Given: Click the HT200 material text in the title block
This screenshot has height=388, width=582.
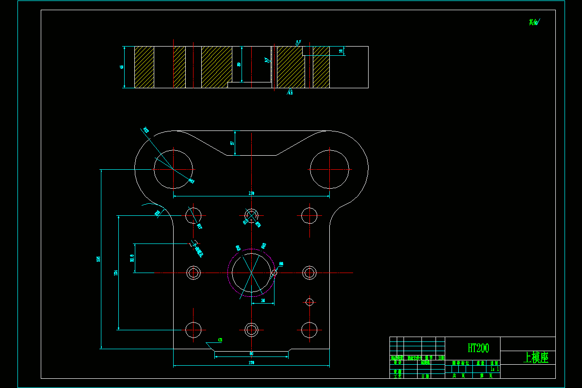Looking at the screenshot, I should click(478, 348).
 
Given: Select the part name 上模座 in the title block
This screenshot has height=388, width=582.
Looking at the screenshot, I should click(536, 358).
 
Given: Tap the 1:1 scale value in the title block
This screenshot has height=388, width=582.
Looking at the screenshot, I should click(494, 369).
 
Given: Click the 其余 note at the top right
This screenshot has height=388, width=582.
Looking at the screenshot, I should click(533, 22).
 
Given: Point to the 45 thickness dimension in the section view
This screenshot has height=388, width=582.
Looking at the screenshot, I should click(122, 67).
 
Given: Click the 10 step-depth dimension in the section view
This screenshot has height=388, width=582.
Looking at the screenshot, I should click(341, 50).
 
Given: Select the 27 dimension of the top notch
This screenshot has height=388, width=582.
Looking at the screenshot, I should click(232, 143).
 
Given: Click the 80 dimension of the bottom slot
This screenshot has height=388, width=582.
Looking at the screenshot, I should click(251, 354).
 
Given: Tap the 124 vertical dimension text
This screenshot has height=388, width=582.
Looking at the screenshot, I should click(115, 273).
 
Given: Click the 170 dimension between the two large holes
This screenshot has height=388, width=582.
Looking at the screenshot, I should click(251, 194).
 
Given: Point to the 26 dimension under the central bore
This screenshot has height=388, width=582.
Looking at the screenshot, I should click(263, 301).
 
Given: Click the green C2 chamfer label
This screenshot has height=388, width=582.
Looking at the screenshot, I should click(220, 340).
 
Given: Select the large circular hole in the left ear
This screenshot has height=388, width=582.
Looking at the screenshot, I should click(173, 169).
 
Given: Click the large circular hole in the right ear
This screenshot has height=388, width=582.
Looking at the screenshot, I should click(330, 169).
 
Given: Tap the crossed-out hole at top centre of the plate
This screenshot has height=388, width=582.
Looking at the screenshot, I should click(252, 215).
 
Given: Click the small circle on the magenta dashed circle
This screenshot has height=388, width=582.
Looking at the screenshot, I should click(275, 273).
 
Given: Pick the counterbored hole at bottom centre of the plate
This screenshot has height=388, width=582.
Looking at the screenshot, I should click(251, 330).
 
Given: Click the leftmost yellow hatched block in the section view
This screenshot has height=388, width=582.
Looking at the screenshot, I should click(144, 67).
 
